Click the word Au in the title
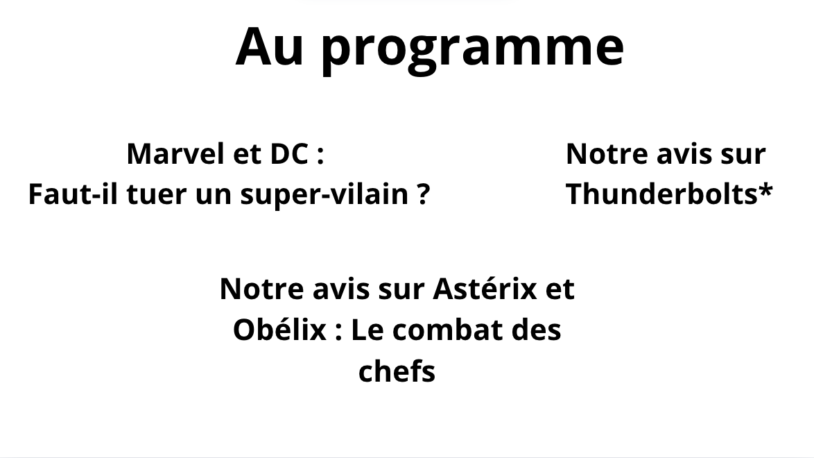pyautogui.click(x=270, y=46)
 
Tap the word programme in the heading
pyautogui.click(x=472, y=51)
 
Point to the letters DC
pyautogui.click(x=289, y=154)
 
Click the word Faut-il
pyautogui.click(x=73, y=194)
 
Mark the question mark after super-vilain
pyautogui.click(x=423, y=194)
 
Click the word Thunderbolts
pyautogui.click(x=662, y=194)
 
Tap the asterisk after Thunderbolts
pyautogui.click(x=765, y=189)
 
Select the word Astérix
pyautogui.click(x=485, y=289)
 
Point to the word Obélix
pyautogui.click(x=279, y=330)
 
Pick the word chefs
pyautogui.click(x=397, y=371)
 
